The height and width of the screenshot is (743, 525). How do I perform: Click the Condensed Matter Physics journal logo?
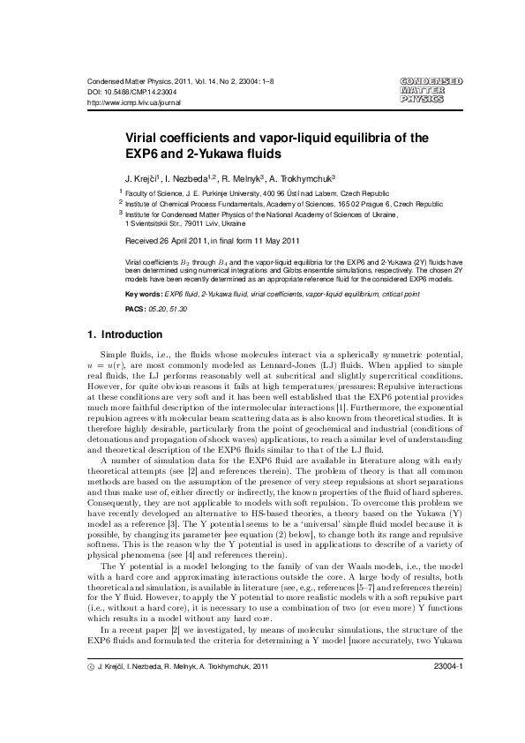(x=431, y=90)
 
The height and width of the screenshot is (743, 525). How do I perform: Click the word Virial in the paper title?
(x=144, y=138)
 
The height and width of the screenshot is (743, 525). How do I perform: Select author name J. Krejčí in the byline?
(x=144, y=176)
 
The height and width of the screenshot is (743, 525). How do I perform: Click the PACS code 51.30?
(x=177, y=310)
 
